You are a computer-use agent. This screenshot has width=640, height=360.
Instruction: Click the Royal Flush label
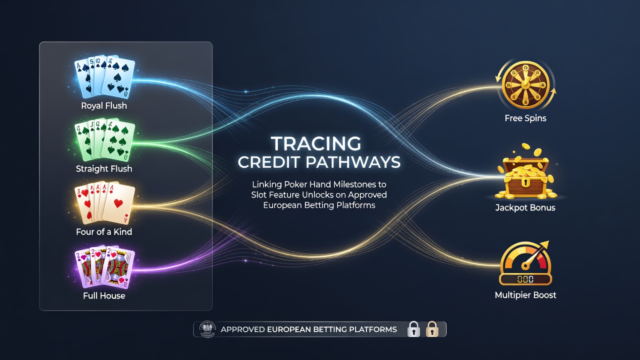pos(104,105)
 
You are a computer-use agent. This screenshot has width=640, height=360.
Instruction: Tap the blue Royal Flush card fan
pos(104,76)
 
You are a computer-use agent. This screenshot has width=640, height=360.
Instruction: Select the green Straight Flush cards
pos(104,139)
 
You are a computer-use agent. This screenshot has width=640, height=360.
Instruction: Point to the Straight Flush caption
pos(104,169)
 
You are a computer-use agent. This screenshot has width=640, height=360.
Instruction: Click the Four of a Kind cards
pos(104,203)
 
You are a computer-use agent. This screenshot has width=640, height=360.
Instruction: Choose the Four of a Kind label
pos(104,231)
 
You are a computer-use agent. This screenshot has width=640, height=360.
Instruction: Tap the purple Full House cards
pos(104,267)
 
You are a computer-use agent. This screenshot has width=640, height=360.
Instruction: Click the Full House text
pos(104,295)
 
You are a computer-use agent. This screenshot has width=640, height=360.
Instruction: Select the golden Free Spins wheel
pos(525,85)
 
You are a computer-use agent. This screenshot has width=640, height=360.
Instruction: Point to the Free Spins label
pos(525,118)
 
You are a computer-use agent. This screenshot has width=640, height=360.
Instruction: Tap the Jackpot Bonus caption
pos(525,207)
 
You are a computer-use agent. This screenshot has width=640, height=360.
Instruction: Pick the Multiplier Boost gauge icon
pos(525,263)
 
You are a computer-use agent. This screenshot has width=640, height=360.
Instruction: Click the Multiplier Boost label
pos(525,295)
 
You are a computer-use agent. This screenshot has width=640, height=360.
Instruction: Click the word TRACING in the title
pos(316,143)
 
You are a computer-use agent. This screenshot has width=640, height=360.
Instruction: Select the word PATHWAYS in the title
pos(353,162)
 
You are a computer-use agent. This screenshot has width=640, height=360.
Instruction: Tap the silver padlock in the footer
pos(413,329)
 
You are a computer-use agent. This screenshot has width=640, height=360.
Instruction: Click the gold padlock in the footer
pos(432,329)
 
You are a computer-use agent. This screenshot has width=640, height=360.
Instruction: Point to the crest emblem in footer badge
pos(207,329)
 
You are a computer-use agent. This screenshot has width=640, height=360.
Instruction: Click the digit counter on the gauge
pos(525,279)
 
